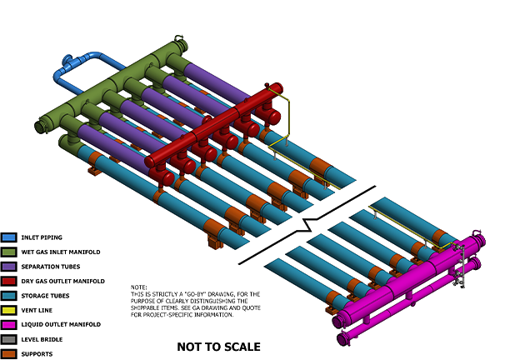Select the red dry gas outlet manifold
[208, 129]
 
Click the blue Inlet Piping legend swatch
[9, 237]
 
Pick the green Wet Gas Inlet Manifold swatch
[9, 252]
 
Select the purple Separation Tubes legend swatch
[9, 267]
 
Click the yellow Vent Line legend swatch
[9, 310]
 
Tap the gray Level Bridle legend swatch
[9, 339]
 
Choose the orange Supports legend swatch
[9, 353]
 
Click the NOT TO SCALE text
[218, 347]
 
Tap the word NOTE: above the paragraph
[139, 287]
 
